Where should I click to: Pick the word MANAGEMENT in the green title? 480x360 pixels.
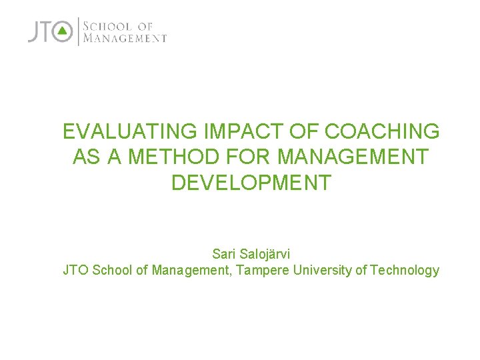tap(353, 157)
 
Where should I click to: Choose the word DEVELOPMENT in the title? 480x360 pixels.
tap(251, 183)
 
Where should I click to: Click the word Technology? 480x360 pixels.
tap(405, 270)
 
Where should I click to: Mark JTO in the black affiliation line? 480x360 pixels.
tap(75, 270)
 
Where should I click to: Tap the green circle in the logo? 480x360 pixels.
tap(63, 31)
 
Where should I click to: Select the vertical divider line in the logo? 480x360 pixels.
tap(79, 31)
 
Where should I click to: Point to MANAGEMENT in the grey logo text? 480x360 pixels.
tap(125, 39)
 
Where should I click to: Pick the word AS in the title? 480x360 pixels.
tap(83, 157)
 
